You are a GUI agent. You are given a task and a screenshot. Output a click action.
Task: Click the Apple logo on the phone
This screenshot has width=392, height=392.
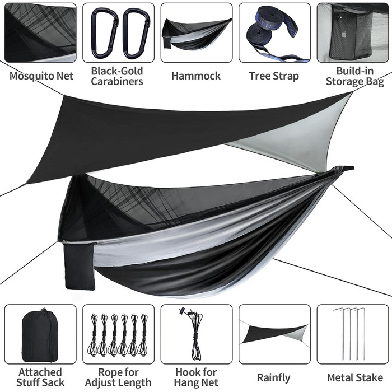344,34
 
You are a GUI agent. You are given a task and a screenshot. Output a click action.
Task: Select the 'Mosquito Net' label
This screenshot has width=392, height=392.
41,76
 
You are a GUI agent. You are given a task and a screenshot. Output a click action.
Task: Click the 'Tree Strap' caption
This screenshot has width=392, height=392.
274,76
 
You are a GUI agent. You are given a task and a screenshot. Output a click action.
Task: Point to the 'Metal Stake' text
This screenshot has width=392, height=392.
355,377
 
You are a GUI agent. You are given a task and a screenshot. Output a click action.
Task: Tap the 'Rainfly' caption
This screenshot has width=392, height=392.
274,378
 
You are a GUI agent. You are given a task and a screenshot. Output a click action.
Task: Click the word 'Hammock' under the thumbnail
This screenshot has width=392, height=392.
196,76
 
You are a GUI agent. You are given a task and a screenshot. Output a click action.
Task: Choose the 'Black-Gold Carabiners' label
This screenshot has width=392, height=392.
117,76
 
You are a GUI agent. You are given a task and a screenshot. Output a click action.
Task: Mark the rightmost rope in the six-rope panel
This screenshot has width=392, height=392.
144,335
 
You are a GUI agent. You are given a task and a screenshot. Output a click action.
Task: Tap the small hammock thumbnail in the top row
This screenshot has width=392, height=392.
196,34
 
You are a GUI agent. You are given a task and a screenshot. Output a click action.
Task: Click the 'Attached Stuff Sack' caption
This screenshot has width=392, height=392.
40,377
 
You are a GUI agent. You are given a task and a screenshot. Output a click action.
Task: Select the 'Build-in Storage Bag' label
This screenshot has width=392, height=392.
355,76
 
